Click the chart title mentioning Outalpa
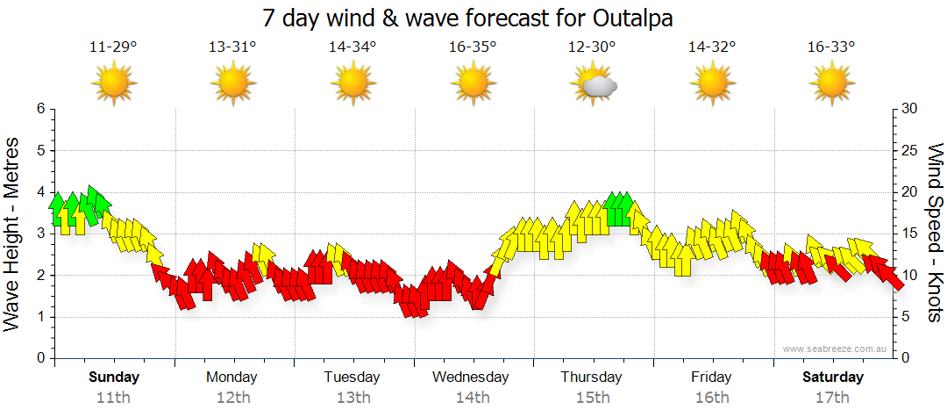(473, 18)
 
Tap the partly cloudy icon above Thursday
(594, 85)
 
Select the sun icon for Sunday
(115, 84)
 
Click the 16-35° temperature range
(473, 47)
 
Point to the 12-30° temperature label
(593, 47)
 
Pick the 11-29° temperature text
(114, 47)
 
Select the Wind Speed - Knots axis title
(934, 233)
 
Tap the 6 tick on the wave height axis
(40, 109)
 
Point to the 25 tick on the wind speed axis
(911, 150)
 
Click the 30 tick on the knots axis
(911, 109)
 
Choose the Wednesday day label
(471, 377)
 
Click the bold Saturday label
(833, 377)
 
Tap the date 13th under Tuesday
(352, 398)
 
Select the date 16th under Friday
(711, 398)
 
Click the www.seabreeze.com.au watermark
(837, 349)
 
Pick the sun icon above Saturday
(831, 84)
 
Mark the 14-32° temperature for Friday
(712, 47)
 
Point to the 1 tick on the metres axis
(40, 317)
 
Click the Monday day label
(231, 377)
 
